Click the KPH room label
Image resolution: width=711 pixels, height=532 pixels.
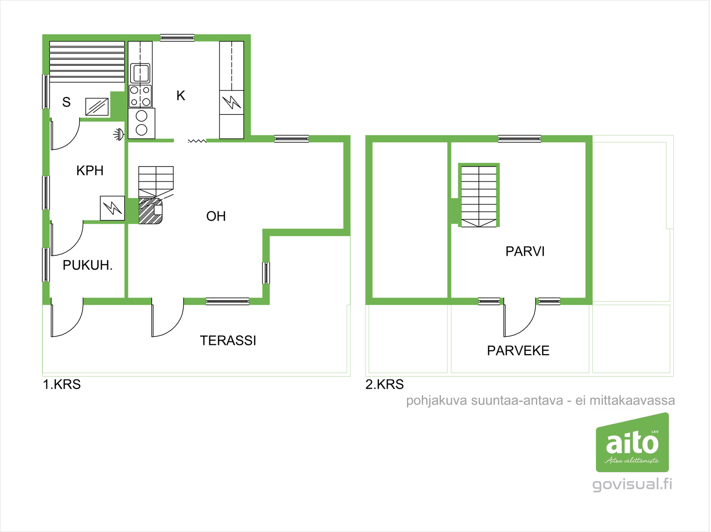[90, 170]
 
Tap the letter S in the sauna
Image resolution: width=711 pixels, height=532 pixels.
[66, 102]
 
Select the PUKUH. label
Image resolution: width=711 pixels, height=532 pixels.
[87, 266]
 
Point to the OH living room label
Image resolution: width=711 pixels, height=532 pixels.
[216, 216]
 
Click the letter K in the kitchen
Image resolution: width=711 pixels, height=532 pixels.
[181, 96]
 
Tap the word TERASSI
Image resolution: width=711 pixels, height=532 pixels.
[228, 340]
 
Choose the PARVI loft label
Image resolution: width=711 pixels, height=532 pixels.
[525, 251]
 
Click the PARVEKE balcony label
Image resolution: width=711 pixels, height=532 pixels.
[518, 351]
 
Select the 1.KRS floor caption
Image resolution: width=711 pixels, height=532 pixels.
[62, 384]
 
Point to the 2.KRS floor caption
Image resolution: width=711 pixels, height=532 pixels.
[384, 384]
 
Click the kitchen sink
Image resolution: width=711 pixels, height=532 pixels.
[140, 73]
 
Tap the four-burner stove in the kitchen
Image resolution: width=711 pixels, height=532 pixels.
[140, 96]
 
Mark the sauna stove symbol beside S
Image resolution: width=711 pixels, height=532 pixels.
[97, 106]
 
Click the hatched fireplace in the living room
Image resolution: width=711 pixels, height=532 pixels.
[150, 211]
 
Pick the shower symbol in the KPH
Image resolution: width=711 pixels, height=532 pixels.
[119, 134]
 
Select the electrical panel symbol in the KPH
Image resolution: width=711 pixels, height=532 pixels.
[113, 208]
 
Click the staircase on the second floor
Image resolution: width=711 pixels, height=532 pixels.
[479, 196]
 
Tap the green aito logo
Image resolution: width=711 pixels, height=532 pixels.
[632, 442]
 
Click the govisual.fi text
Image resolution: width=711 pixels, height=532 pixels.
[632, 485]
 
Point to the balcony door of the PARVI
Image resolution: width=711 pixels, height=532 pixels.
[520, 317]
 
